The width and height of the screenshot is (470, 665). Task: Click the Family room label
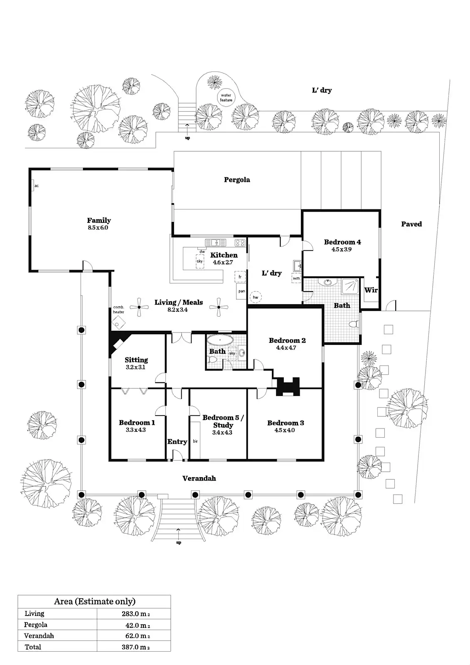coord(99,220)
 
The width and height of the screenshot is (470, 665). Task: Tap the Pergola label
coord(237,180)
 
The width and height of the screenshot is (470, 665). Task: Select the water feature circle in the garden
coord(226,98)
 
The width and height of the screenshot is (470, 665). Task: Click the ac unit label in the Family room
coord(37,186)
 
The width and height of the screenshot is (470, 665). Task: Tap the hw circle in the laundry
coord(256,297)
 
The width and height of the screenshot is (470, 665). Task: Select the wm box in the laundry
coord(296,278)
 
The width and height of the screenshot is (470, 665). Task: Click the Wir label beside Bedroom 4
coord(371,290)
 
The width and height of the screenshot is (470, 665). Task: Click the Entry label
coord(177,441)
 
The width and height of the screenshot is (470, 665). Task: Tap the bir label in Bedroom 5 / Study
coord(195,441)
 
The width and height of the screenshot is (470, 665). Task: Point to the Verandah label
coord(199,478)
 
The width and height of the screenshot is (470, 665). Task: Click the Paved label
coord(411,224)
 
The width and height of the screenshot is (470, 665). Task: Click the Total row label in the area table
coord(33,647)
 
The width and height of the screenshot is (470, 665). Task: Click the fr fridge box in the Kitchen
coord(240,277)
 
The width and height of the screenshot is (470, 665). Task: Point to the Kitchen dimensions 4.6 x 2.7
coord(223,263)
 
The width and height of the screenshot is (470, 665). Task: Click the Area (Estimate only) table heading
coord(95,601)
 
